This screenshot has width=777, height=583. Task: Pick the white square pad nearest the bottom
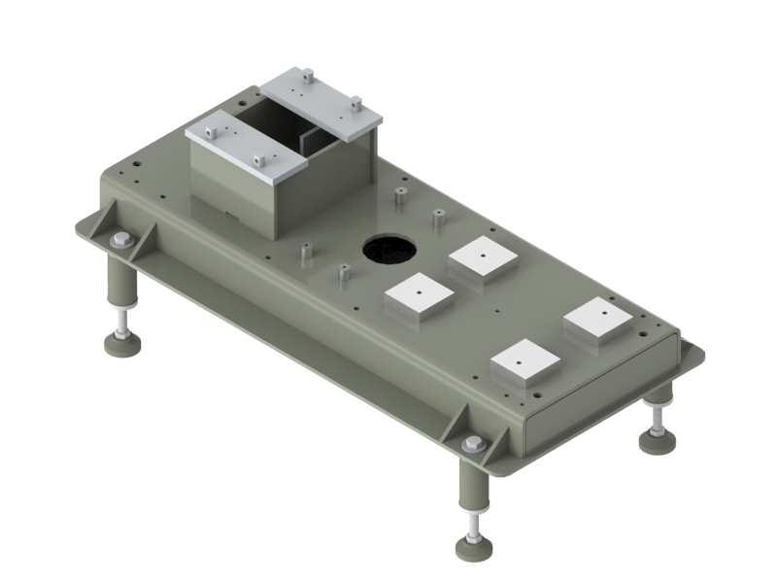coord(524,360)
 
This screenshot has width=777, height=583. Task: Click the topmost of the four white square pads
coord(483,256)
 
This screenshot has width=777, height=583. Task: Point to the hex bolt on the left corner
coord(120,240)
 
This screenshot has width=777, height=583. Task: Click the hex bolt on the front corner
coord(474,444)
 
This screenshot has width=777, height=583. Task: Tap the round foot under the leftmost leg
coord(122,345)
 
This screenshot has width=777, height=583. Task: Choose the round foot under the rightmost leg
coord(658,440)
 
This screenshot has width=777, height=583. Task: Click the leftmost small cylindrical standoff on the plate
coord(305,253)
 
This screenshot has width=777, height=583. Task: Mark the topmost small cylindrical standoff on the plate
coord(400,195)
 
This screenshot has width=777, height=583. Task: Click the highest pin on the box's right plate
coord(306,74)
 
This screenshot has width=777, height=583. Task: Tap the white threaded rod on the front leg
coord(473,525)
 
